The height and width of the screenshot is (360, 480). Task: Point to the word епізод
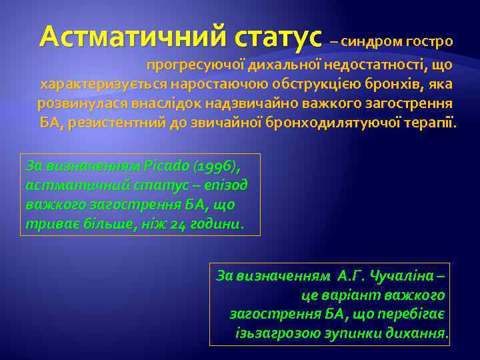click(229, 183)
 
